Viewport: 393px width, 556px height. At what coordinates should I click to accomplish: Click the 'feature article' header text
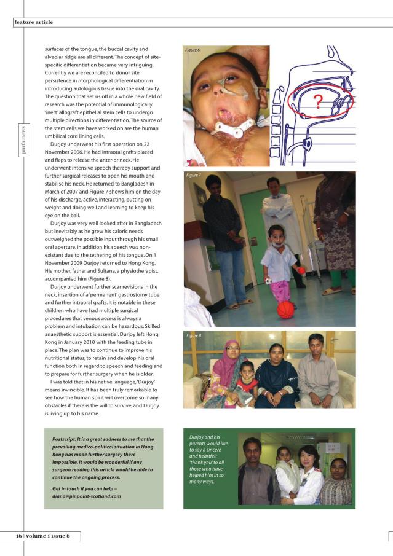(x=34, y=22)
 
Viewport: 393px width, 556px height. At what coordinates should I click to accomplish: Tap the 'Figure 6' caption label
(x=193, y=50)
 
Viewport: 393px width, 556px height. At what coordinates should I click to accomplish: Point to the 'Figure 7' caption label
(x=194, y=176)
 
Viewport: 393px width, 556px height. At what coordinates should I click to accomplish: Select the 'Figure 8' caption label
(x=194, y=335)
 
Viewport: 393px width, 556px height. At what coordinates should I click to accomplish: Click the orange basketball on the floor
(x=285, y=309)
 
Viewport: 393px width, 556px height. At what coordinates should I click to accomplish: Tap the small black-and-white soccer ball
(x=269, y=281)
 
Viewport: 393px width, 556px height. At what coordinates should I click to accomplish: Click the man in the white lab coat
(x=275, y=215)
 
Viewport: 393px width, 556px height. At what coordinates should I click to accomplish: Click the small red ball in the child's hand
(x=302, y=270)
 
